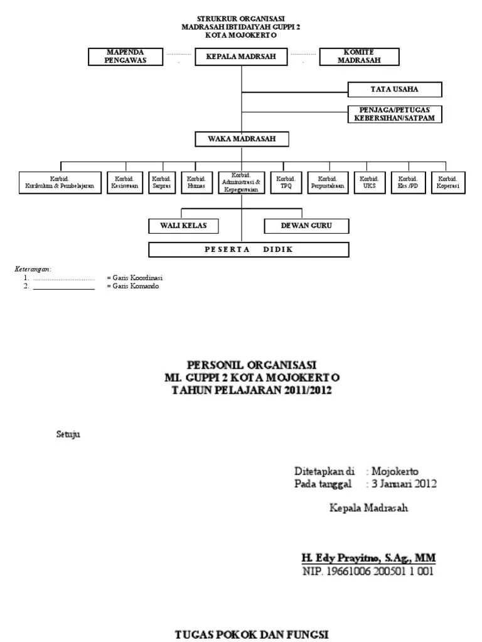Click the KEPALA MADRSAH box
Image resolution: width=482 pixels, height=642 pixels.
[242, 58]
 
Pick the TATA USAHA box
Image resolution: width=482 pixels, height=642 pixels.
[395, 90]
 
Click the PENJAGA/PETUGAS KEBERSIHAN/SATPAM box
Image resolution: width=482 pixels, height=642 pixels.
[395, 114]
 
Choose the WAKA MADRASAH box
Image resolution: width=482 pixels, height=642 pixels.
[242, 138]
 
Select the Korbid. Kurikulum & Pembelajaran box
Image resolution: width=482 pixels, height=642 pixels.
[60, 182]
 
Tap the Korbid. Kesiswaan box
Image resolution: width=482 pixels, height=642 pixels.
[126, 182]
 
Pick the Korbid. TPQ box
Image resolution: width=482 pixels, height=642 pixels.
[286, 182]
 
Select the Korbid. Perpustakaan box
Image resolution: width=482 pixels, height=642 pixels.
[328, 182]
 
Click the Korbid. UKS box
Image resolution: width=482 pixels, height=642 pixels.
[368, 182]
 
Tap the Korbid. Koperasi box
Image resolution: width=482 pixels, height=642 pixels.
[448, 182]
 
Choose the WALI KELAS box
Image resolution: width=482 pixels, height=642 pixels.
[183, 226]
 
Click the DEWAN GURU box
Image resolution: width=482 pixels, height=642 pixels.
[306, 226]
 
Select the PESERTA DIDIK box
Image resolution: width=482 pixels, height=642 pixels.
[249, 250]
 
